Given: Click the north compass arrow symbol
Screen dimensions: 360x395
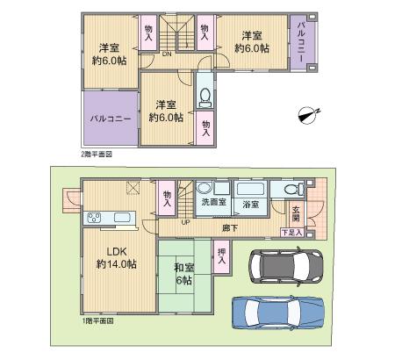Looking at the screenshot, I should pos(307,113).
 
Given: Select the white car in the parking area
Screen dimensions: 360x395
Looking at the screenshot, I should pos(286,263).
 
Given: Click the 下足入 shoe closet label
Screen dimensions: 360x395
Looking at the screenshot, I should pos(292,233).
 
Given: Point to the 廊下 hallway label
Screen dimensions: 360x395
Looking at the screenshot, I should pos(230,227).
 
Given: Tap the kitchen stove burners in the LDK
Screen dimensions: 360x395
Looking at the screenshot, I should pos(94,218).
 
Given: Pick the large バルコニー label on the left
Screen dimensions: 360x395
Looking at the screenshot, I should pos(110,118).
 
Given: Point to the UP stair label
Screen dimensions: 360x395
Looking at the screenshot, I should pos(184,221).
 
